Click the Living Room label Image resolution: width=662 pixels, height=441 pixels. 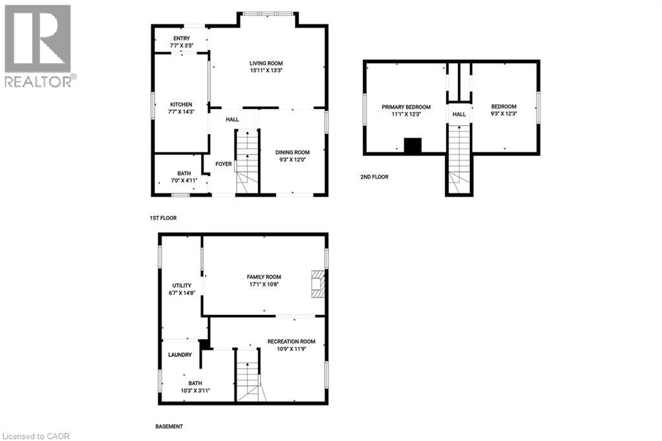click(x=268, y=63)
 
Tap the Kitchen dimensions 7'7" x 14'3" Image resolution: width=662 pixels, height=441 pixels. click(x=181, y=112)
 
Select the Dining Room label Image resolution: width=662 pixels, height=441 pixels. click(x=293, y=153)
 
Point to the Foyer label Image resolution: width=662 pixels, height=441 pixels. click(x=224, y=164)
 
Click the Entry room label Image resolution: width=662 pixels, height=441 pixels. click(x=181, y=38)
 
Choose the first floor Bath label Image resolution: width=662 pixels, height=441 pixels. click(x=184, y=173)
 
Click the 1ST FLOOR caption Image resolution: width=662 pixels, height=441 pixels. click(x=162, y=219)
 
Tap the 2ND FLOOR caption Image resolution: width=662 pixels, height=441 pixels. click(x=374, y=177)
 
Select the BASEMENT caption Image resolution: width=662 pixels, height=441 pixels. click(x=169, y=427)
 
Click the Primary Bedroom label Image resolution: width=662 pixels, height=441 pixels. click(x=406, y=107)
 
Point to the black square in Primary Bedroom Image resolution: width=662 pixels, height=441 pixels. click(x=412, y=145)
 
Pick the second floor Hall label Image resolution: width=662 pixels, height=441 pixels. click(x=459, y=114)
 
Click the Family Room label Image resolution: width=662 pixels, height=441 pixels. click(x=264, y=277)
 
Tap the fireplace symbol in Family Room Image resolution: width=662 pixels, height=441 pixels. click(x=317, y=284)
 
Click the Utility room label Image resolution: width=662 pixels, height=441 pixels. click(x=181, y=285)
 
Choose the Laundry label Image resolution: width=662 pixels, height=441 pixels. click(x=180, y=355)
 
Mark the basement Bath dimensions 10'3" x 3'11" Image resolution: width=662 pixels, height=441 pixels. click(x=195, y=391)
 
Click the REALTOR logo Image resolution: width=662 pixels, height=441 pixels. click(x=38, y=45)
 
